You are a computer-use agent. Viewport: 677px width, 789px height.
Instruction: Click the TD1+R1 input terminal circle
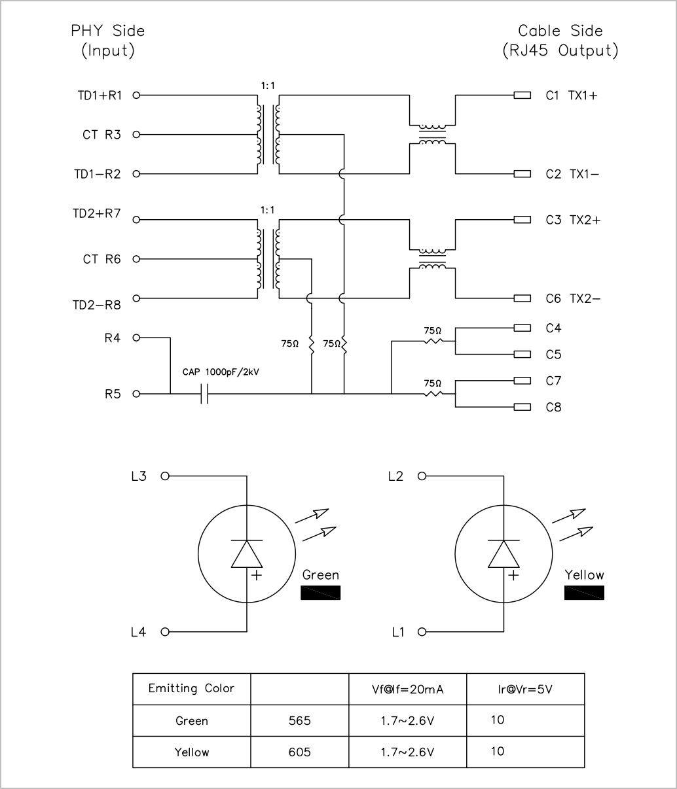click(136, 95)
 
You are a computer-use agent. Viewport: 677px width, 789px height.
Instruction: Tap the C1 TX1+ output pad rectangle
click(522, 95)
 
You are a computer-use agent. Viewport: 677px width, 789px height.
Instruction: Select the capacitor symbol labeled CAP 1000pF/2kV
click(204, 394)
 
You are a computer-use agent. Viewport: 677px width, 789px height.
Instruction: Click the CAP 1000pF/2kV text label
click(221, 372)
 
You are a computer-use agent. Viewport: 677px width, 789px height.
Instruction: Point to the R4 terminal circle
click(136, 338)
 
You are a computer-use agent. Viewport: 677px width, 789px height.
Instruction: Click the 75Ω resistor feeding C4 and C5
click(433, 341)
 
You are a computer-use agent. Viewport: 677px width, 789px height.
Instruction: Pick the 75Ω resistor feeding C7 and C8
click(433, 394)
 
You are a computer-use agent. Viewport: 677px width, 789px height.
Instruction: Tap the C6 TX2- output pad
click(522, 298)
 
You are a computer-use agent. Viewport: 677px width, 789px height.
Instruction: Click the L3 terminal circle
click(164, 476)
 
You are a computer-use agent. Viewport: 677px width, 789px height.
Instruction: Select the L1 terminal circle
click(422, 632)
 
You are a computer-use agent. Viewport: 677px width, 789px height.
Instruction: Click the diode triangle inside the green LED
click(247, 554)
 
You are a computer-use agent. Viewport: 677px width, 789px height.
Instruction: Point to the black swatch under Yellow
click(584, 593)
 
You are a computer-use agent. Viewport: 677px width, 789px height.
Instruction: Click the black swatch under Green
click(321, 593)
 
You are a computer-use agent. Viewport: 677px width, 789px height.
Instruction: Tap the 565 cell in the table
click(299, 720)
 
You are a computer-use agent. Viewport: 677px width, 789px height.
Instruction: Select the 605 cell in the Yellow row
click(299, 752)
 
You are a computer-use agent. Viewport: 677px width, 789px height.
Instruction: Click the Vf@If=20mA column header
click(408, 689)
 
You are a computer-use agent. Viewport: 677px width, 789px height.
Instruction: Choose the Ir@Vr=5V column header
click(525, 689)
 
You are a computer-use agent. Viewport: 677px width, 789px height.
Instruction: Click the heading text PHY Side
click(108, 31)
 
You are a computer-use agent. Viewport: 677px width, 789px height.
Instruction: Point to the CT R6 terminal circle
click(136, 259)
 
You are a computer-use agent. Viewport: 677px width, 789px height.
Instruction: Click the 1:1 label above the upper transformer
click(268, 86)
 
